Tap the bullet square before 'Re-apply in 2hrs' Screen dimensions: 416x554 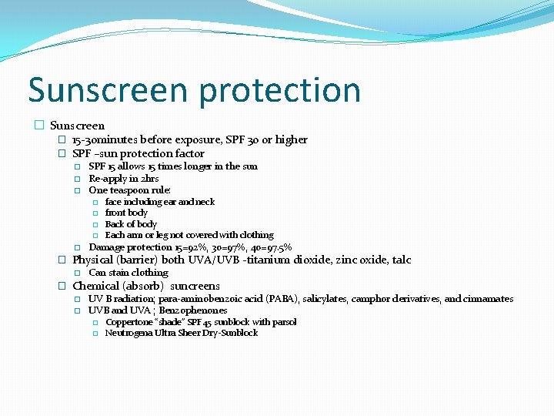78,179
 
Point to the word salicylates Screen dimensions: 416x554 333,299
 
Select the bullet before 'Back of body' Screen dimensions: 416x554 95,224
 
